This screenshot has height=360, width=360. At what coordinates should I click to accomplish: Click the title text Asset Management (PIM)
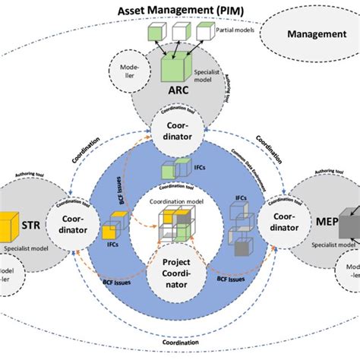coord(179,10)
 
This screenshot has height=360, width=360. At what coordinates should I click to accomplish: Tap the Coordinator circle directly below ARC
coord(180,130)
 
